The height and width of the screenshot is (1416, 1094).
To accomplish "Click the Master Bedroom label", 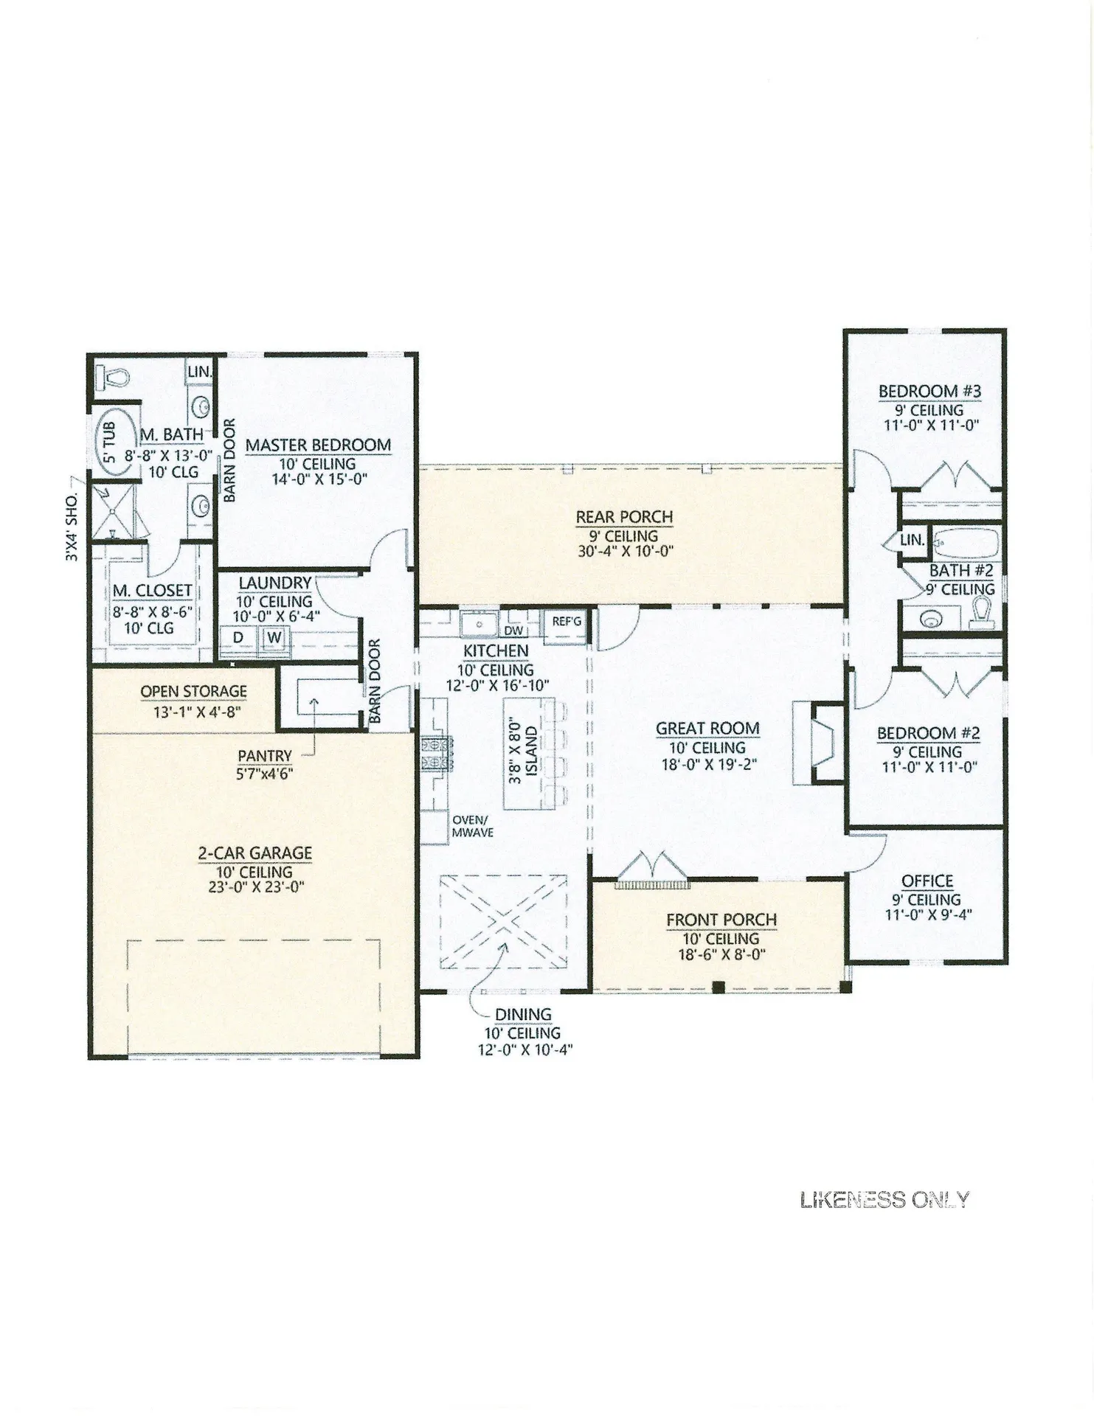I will pos(318,445).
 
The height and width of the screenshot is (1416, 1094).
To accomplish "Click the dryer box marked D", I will pos(239,636).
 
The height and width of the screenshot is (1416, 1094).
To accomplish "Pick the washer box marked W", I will pos(274,636).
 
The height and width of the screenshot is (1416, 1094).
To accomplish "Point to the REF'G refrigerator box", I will pos(567,622).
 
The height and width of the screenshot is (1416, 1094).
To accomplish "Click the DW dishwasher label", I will pos(513,631).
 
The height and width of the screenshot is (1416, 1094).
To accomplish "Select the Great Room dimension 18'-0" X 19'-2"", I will pos(709,764).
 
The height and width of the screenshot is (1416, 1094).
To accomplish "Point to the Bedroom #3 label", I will pos(929,391).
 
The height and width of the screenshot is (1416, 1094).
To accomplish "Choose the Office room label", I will pos(927,881).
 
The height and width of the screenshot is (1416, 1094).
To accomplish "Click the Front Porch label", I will pos(721,920).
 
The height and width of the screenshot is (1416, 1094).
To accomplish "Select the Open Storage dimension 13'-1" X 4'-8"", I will pos(193,711).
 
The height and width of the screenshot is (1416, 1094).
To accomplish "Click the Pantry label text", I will pos(265,756).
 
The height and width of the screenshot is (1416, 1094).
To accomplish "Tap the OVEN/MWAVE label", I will pos(472,826).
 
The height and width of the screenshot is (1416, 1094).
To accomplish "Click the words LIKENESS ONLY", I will pos(884,1201).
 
